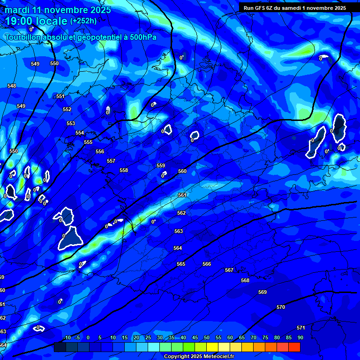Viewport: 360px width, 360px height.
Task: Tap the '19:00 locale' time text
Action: [x=37, y=21]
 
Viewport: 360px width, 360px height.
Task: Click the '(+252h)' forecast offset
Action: [x=83, y=21]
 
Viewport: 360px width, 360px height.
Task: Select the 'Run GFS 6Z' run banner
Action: [x=294, y=7]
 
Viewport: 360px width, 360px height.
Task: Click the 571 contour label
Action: [x=301, y=328]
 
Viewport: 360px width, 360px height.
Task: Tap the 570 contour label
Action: [x=281, y=307]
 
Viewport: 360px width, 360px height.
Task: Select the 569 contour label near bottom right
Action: [x=262, y=292]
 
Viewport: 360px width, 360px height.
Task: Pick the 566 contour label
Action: [x=207, y=264]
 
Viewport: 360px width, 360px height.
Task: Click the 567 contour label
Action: [x=229, y=270]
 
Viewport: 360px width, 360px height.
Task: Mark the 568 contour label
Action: [x=245, y=280]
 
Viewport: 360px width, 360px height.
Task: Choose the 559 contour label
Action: [x=161, y=165]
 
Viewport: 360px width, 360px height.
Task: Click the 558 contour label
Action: [x=124, y=170]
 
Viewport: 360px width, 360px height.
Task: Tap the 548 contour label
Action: [x=12, y=86]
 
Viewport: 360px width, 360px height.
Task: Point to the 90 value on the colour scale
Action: [x=300, y=337]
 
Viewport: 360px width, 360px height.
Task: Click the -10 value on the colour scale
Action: [x=67, y=337]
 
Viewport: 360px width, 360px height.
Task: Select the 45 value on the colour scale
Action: [x=195, y=337]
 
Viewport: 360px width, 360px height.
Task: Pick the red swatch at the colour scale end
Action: [x=294, y=347]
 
